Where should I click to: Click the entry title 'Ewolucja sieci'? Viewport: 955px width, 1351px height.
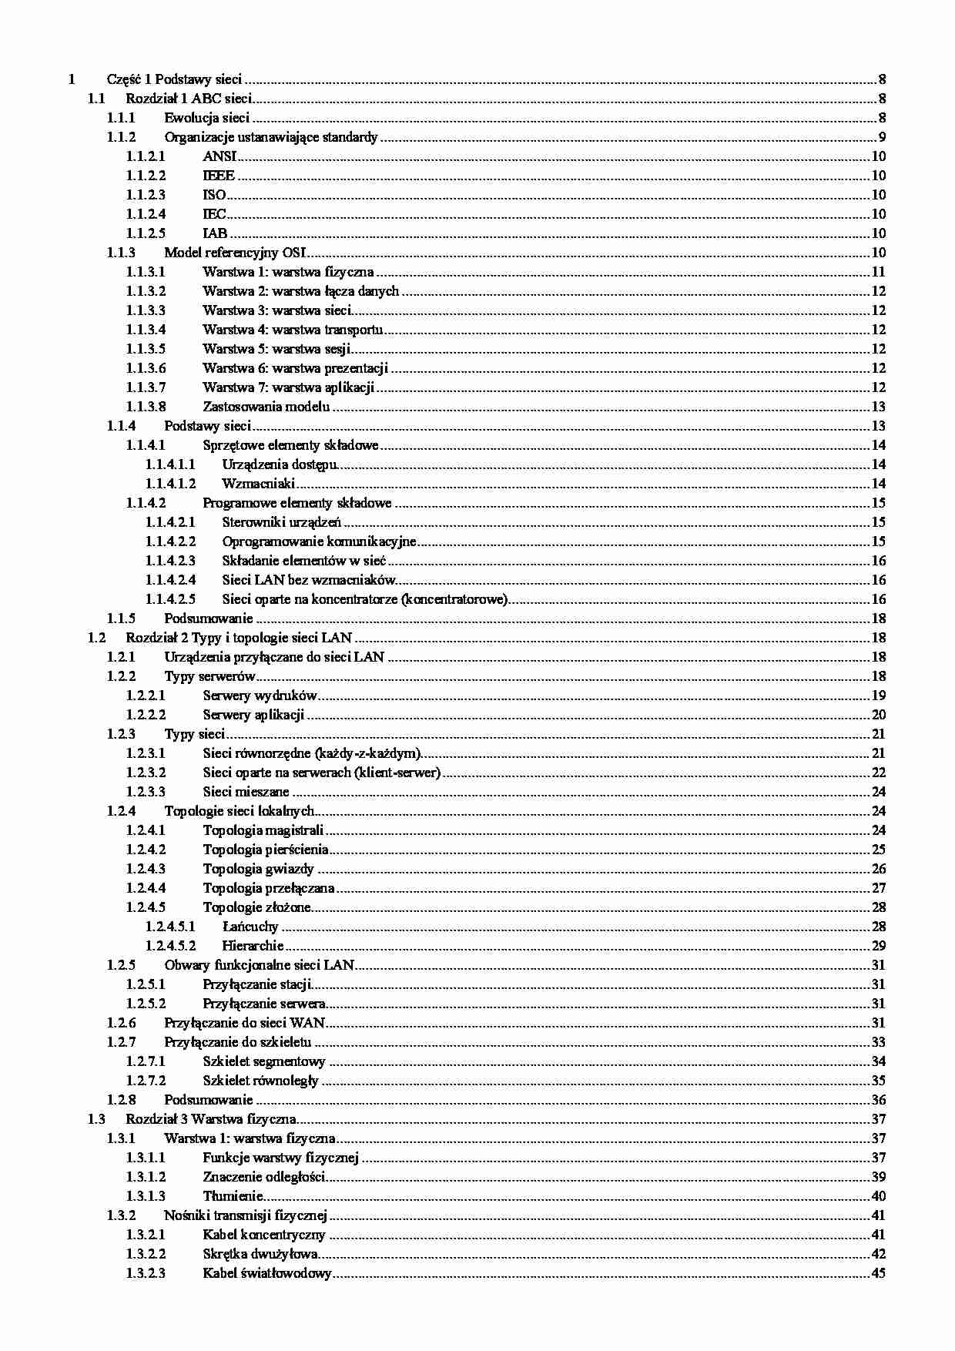(x=206, y=118)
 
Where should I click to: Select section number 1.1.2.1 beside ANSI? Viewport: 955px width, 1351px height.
(x=146, y=156)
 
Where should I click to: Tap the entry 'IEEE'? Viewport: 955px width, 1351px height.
(x=219, y=176)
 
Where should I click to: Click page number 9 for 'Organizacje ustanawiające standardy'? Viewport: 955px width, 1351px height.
(x=882, y=137)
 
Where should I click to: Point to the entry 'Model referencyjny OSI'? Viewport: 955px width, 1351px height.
(x=236, y=253)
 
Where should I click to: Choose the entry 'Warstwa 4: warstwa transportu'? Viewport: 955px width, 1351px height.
(x=293, y=330)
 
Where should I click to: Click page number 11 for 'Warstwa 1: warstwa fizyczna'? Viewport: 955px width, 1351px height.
(x=879, y=272)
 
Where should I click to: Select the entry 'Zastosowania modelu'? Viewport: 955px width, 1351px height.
(x=266, y=407)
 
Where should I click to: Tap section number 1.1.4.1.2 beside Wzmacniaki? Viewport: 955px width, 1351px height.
(x=170, y=484)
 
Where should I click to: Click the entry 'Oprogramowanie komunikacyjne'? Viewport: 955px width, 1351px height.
(x=319, y=541)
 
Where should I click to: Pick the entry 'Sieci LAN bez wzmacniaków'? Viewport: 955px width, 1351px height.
(x=308, y=580)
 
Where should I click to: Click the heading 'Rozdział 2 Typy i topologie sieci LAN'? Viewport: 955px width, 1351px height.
(x=239, y=638)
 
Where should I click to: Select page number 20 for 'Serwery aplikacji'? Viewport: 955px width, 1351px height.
(x=879, y=715)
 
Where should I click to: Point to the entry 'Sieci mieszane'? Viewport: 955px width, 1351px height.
(x=246, y=792)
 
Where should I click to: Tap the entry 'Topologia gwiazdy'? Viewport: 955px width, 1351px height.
(x=258, y=869)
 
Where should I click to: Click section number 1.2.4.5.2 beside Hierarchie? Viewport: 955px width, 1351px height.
(x=170, y=946)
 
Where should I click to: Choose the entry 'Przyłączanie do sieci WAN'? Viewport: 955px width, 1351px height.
(x=244, y=1023)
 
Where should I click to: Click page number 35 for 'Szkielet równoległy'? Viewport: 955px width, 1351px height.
(x=879, y=1081)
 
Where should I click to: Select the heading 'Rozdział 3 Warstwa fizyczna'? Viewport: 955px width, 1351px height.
(x=211, y=1119)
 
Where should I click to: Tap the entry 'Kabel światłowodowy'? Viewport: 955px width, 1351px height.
(x=266, y=1273)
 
